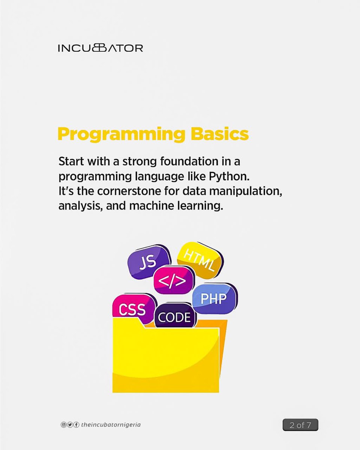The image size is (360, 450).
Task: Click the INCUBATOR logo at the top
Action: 100,48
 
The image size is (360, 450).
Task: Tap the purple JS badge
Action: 148,261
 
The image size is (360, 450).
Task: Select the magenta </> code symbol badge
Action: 174,280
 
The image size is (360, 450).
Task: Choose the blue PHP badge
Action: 214,298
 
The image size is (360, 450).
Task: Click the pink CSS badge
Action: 132,309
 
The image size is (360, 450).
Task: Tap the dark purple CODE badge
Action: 175,317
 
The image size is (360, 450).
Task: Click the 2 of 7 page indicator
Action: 300,425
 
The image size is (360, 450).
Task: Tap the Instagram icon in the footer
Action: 63,425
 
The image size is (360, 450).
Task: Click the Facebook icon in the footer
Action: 76,425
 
